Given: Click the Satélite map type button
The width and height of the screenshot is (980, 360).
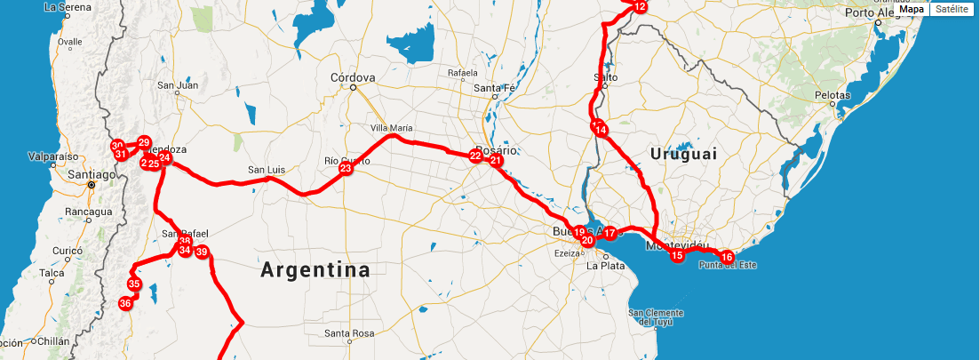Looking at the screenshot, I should pyautogui.click(x=951, y=9).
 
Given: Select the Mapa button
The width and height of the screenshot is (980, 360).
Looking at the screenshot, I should pyautogui.click(x=912, y=9).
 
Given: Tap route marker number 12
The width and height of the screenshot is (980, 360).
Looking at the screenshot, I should pyautogui.click(x=640, y=7).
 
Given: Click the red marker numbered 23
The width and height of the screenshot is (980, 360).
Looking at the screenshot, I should pyautogui.click(x=346, y=168).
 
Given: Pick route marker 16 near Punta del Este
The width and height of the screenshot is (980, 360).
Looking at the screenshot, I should pyautogui.click(x=727, y=257).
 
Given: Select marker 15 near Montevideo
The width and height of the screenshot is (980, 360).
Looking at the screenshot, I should pyautogui.click(x=677, y=255).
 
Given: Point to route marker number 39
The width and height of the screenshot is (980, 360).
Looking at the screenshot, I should pyautogui.click(x=202, y=252).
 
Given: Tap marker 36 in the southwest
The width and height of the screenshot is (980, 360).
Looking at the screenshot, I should pyautogui.click(x=125, y=303).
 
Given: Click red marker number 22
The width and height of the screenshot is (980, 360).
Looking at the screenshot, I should pyautogui.click(x=475, y=156).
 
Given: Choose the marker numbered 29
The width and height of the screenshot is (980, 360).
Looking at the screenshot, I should pyautogui.click(x=144, y=142).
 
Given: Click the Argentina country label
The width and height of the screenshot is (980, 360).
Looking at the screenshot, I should pyautogui.click(x=315, y=270).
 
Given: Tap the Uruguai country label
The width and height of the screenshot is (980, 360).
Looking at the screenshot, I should pyautogui.click(x=682, y=154).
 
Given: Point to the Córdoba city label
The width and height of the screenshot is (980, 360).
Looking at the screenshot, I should pyautogui.click(x=353, y=76).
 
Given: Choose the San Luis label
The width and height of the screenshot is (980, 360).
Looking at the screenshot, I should pyautogui.click(x=267, y=170).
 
